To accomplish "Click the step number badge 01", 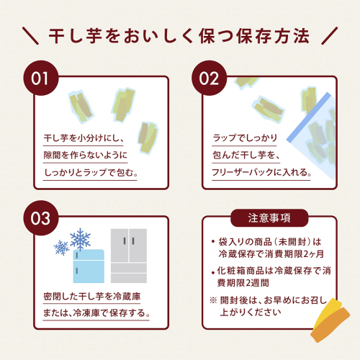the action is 41,78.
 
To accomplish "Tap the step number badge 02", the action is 209,78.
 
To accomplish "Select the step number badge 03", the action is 41,218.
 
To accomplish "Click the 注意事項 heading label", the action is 269,218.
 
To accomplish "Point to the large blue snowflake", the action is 80,239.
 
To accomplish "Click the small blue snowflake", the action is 61,248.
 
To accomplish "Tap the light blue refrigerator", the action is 89,266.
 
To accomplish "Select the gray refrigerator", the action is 129,256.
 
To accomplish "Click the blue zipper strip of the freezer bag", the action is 309,117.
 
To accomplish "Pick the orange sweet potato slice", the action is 330,325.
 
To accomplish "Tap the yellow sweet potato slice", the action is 328,312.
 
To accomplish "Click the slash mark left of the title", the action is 30,36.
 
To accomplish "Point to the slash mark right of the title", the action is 329,36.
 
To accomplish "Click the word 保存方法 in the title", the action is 273,36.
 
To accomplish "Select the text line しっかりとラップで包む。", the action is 91,172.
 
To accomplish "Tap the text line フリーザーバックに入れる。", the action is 261,172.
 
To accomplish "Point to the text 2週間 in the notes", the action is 258,283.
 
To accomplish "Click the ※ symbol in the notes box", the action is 213,300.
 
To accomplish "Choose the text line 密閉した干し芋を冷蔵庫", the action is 92,297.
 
